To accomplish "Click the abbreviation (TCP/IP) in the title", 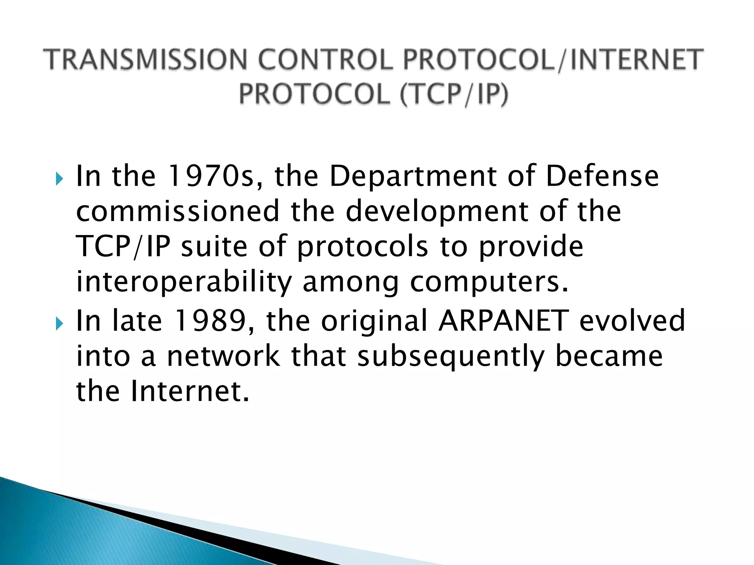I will tap(454, 94).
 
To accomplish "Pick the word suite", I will tap(214, 246).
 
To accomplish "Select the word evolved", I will tap(632, 321).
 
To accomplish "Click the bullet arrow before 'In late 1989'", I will tap(60, 324).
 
